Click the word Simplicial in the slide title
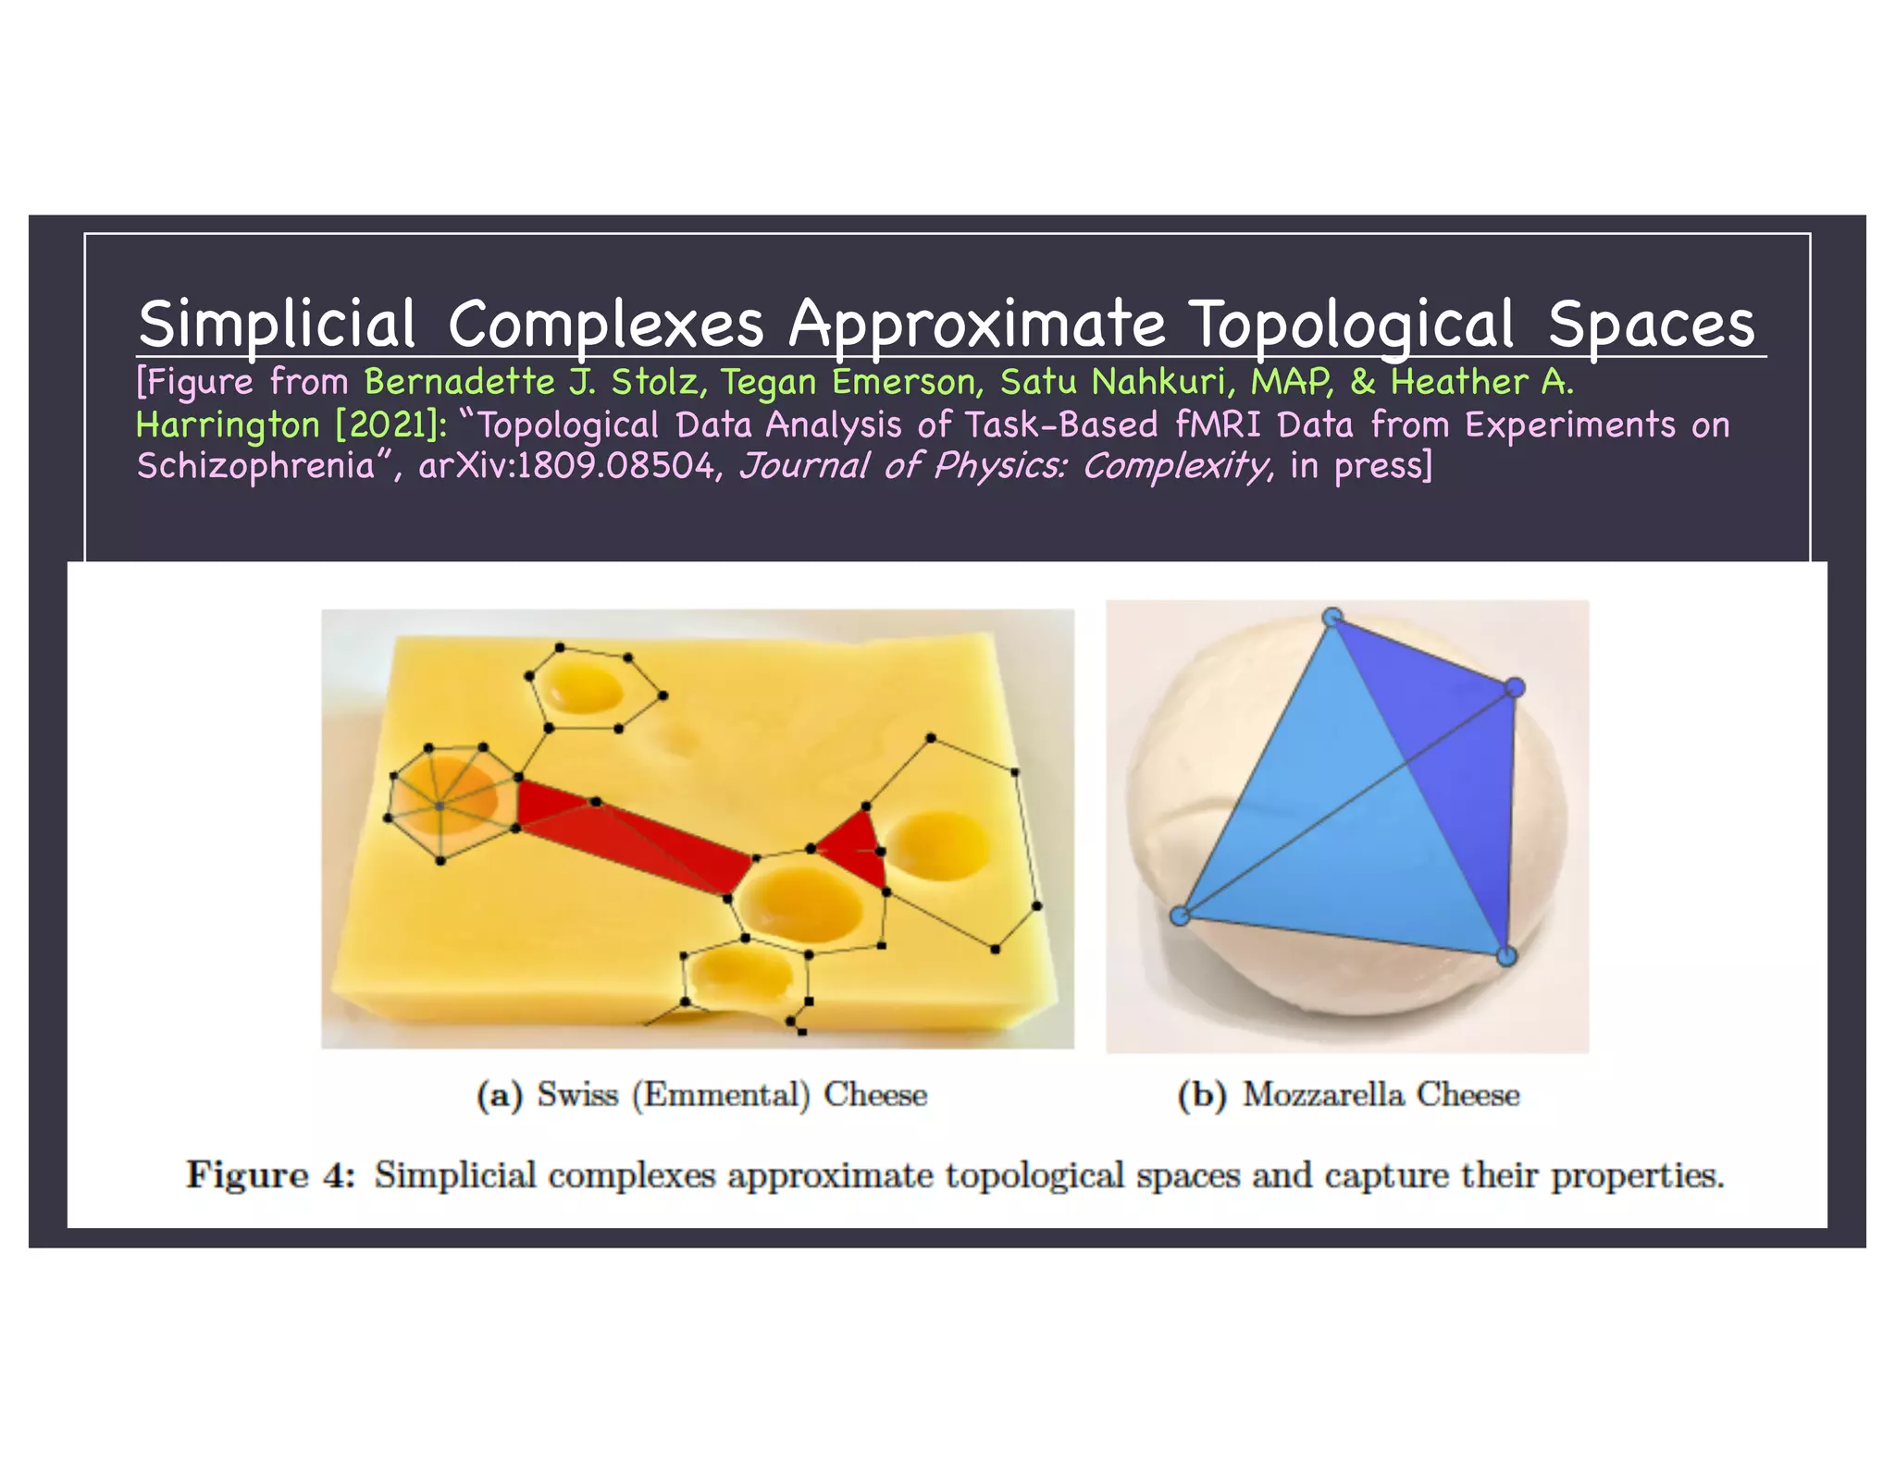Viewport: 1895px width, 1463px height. click(277, 325)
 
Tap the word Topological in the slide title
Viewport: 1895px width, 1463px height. click(1352, 325)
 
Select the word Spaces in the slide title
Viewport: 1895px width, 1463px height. click(1651, 325)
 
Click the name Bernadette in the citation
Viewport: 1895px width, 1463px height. click(459, 382)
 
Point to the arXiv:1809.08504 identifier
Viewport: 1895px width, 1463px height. click(567, 465)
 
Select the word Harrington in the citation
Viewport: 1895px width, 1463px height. click(228, 424)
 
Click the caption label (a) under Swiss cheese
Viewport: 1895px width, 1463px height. click(499, 1095)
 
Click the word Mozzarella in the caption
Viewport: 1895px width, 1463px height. click(1320, 1095)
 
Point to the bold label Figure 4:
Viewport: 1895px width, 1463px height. click(270, 1175)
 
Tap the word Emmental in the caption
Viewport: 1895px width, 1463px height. click(721, 1095)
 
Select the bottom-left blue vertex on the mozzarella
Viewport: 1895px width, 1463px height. click(1180, 916)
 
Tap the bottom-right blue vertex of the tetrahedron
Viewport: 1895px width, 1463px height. click(1506, 955)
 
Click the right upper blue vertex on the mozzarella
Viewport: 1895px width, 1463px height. click(1515, 687)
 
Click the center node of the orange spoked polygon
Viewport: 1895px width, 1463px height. click(440, 806)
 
